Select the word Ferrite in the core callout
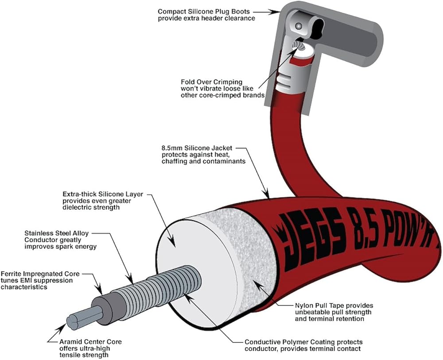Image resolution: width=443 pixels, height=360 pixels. click(11, 274)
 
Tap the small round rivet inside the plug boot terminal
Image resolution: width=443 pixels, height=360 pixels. click(298, 26)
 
